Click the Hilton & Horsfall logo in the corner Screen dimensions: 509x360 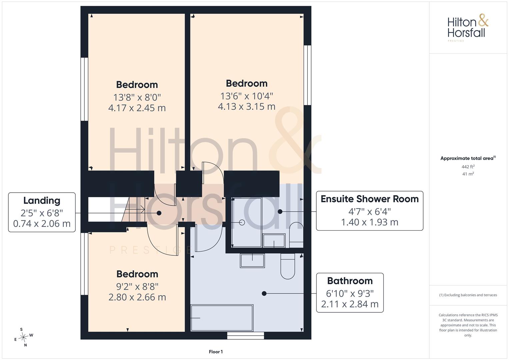(468, 28)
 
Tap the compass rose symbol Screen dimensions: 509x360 (24, 337)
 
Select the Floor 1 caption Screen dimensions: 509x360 (216, 352)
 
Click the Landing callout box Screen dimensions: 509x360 (42, 212)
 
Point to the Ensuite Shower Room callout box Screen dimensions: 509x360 (369, 211)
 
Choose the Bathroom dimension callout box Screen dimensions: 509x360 (350, 293)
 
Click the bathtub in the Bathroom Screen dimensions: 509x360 (222, 318)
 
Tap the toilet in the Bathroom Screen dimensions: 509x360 (288, 266)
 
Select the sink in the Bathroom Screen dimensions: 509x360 (252, 260)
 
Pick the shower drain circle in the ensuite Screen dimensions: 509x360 (242, 222)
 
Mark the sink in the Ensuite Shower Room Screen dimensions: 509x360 (274, 240)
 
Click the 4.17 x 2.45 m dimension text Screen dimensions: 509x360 (137, 108)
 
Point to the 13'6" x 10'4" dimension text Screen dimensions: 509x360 (247, 96)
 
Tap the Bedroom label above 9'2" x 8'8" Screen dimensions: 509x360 (137, 274)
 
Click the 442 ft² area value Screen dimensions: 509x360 (468, 167)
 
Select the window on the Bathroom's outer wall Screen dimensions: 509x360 (246, 335)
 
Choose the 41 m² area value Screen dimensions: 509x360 (468, 174)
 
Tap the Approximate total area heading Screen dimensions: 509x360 (468, 158)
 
